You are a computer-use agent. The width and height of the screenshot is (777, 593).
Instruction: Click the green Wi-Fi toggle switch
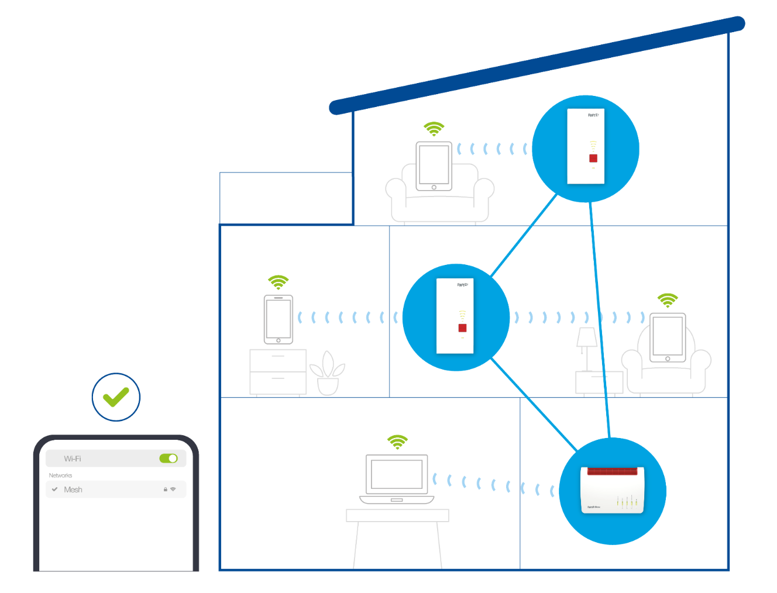click(x=169, y=458)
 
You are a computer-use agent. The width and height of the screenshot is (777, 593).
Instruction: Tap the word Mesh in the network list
click(x=73, y=489)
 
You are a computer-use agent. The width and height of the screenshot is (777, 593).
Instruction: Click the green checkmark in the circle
click(x=116, y=397)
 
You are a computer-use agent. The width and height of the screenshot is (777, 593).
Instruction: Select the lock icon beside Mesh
click(x=166, y=489)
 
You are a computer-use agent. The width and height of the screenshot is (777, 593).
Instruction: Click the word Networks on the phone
click(x=60, y=475)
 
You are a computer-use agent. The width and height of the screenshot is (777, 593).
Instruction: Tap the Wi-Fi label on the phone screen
click(x=73, y=458)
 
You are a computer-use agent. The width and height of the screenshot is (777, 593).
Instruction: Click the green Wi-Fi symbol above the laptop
click(x=397, y=442)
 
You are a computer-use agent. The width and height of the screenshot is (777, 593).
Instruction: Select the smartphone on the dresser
click(x=279, y=319)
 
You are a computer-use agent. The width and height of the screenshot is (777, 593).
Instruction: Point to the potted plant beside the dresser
click(x=328, y=374)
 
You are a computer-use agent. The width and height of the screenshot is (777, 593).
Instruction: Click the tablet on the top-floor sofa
click(x=434, y=166)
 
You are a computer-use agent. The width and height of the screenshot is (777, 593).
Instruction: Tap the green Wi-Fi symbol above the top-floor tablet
click(x=434, y=128)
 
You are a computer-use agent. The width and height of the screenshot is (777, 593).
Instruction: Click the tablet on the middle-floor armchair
click(x=668, y=337)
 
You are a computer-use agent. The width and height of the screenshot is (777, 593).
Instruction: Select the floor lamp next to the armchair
click(x=586, y=348)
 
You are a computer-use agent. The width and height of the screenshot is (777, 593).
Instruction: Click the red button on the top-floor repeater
click(x=593, y=158)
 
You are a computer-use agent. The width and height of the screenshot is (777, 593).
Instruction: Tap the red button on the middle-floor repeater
click(x=462, y=328)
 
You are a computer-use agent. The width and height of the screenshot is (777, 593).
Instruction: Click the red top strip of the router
click(x=612, y=471)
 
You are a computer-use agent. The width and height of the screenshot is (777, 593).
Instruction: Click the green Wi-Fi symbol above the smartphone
click(x=279, y=282)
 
